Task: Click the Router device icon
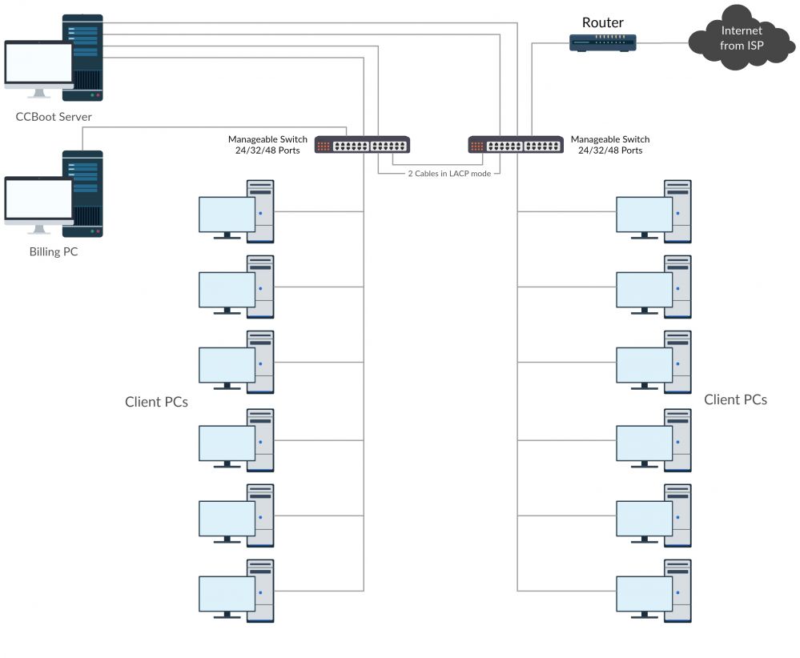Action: pyautogui.click(x=602, y=42)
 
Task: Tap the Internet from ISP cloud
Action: pyautogui.click(x=742, y=38)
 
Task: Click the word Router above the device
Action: pyautogui.click(x=602, y=22)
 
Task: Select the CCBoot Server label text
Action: pyautogui.click(x=54, y=117)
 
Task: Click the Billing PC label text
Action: pyautogui.click(x=54, y=252)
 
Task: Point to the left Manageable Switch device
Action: pyautogui.click(x=362, y=145)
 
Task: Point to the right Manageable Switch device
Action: pyautogui.click(x=516, y=145)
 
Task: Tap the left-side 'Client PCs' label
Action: pyautogui.click(x=156, y=402)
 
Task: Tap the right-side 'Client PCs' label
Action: pyautogui.click(x=735, y=399)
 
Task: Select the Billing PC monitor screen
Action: pyautogui.click(x=38, y=199)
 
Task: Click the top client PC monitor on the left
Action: pyautogui.click(x=227, y=214)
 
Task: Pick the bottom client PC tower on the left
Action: pyautogui.click(x=260, y=591)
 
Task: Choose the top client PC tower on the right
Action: pyautogui.click(x=677, y=211)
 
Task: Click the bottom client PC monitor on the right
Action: pyautogui.click(x=644, y=593)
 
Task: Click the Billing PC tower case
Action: pyautogui.click(x=84, y=193)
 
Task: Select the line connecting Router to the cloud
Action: pyautogui.click(x=662, y=42)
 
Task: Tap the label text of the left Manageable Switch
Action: pyautogui.click(x=264, y=145)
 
